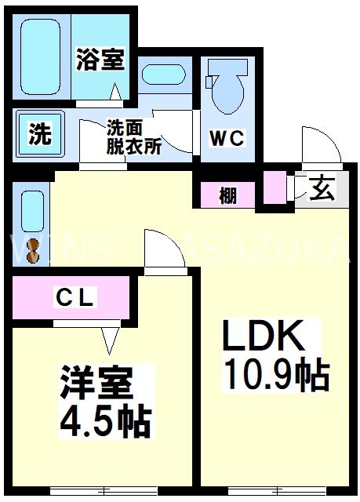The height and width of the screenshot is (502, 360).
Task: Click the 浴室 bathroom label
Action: coord(100,60)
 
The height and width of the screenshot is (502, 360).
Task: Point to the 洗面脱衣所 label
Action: coord(133,136)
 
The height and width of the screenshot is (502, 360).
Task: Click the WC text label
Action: coord(227,140)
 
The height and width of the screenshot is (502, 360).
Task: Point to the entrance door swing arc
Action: coord(320,144)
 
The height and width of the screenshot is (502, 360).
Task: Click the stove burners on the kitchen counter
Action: coord(32,249)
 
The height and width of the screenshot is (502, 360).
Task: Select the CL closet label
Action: coord(75,297)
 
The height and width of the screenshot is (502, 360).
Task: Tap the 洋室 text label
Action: coord(97,384)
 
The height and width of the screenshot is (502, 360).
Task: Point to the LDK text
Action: coord(263,337)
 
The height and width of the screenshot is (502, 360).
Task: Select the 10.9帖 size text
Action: coord(275,376)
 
